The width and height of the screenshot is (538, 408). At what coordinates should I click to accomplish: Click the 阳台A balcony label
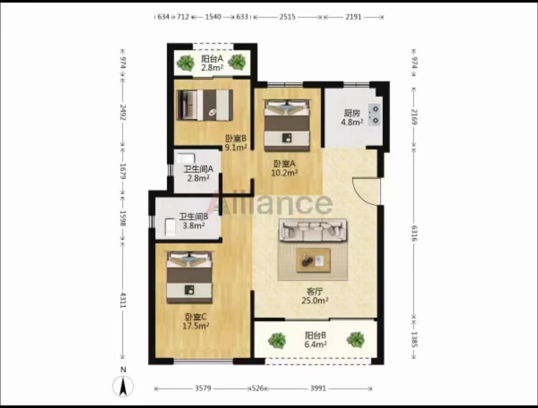212,59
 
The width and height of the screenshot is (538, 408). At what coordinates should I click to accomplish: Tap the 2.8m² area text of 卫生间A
198,178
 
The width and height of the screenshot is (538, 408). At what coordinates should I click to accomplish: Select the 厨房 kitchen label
352,113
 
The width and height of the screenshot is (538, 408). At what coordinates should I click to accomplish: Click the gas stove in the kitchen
375,115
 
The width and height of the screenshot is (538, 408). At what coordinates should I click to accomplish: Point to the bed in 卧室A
286,125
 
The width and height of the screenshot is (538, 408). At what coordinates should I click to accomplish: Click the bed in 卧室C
189,277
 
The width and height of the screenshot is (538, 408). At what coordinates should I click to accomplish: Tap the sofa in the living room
313,230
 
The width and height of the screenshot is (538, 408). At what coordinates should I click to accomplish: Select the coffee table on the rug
313,260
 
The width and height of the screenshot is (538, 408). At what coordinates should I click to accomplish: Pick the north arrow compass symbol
123,386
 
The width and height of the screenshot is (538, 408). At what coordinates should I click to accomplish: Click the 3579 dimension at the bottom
203,388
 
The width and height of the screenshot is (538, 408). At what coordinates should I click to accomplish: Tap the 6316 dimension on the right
414,233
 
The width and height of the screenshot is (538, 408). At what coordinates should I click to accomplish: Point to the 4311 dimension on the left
123,301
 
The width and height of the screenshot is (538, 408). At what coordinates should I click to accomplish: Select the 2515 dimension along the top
287,17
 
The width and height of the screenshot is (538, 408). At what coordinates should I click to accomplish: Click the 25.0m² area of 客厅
315,300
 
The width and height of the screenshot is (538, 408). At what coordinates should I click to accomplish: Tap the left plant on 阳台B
277,340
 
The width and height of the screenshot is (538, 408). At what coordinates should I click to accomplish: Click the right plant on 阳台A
237,62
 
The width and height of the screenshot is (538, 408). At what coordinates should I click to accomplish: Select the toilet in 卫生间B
170,227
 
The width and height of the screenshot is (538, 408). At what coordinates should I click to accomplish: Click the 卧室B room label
236,139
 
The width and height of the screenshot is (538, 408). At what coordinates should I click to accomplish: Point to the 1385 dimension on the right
414,340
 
